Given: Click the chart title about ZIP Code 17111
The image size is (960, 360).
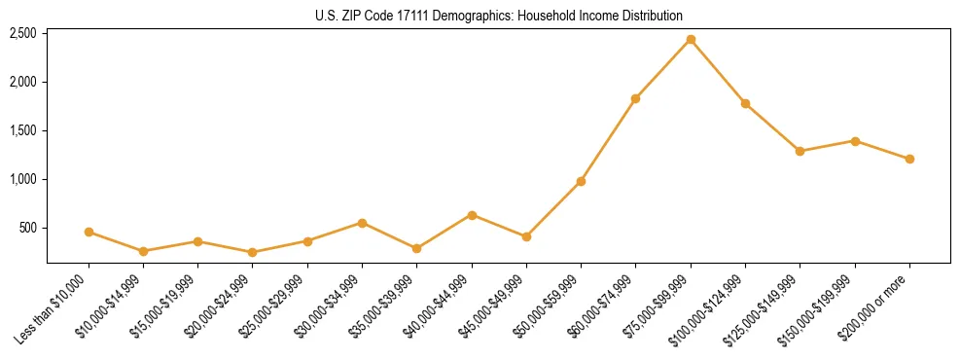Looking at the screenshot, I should click(499, 16).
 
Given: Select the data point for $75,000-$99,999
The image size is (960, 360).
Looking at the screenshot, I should click(691, 40).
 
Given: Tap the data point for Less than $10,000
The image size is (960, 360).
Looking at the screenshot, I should click(89, 232).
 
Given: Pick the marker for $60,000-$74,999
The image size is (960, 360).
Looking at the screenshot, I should click(635, 98).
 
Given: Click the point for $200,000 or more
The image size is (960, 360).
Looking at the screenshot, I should click(909, 159).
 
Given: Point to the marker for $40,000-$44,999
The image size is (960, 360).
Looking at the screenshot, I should click(472, 215).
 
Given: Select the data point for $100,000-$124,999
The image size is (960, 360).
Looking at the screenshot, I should click(745, 103).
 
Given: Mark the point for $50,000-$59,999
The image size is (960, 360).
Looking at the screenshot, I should click(581, 181).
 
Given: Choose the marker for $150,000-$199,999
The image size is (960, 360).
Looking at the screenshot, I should click(855, 141).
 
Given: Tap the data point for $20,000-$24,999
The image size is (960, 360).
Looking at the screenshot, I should click(253, 252).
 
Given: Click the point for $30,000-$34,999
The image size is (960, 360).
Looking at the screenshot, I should click(362, 223).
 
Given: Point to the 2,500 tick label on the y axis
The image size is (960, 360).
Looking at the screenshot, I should click(22, 33).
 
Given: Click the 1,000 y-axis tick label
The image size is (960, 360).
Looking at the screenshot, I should click(22, 179).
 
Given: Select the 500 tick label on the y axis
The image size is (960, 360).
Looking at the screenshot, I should click(27, 228).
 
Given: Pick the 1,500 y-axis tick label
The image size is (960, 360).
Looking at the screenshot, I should click(22, 130).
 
